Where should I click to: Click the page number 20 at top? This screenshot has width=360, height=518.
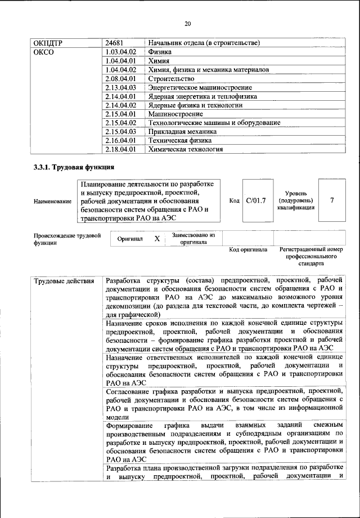[187, 23]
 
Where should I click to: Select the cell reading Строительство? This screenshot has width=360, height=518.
[171, 79]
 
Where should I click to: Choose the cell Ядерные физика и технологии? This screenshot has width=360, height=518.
[195, 105]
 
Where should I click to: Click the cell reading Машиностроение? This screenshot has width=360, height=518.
[174, 114]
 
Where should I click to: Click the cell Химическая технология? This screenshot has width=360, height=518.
[185, 150]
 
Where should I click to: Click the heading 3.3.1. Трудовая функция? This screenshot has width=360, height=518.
[74, 167]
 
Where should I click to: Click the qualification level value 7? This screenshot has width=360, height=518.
[331, 200]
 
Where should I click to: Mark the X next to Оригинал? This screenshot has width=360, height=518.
[157, 239]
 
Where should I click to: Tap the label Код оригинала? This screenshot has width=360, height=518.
[248, 249]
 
